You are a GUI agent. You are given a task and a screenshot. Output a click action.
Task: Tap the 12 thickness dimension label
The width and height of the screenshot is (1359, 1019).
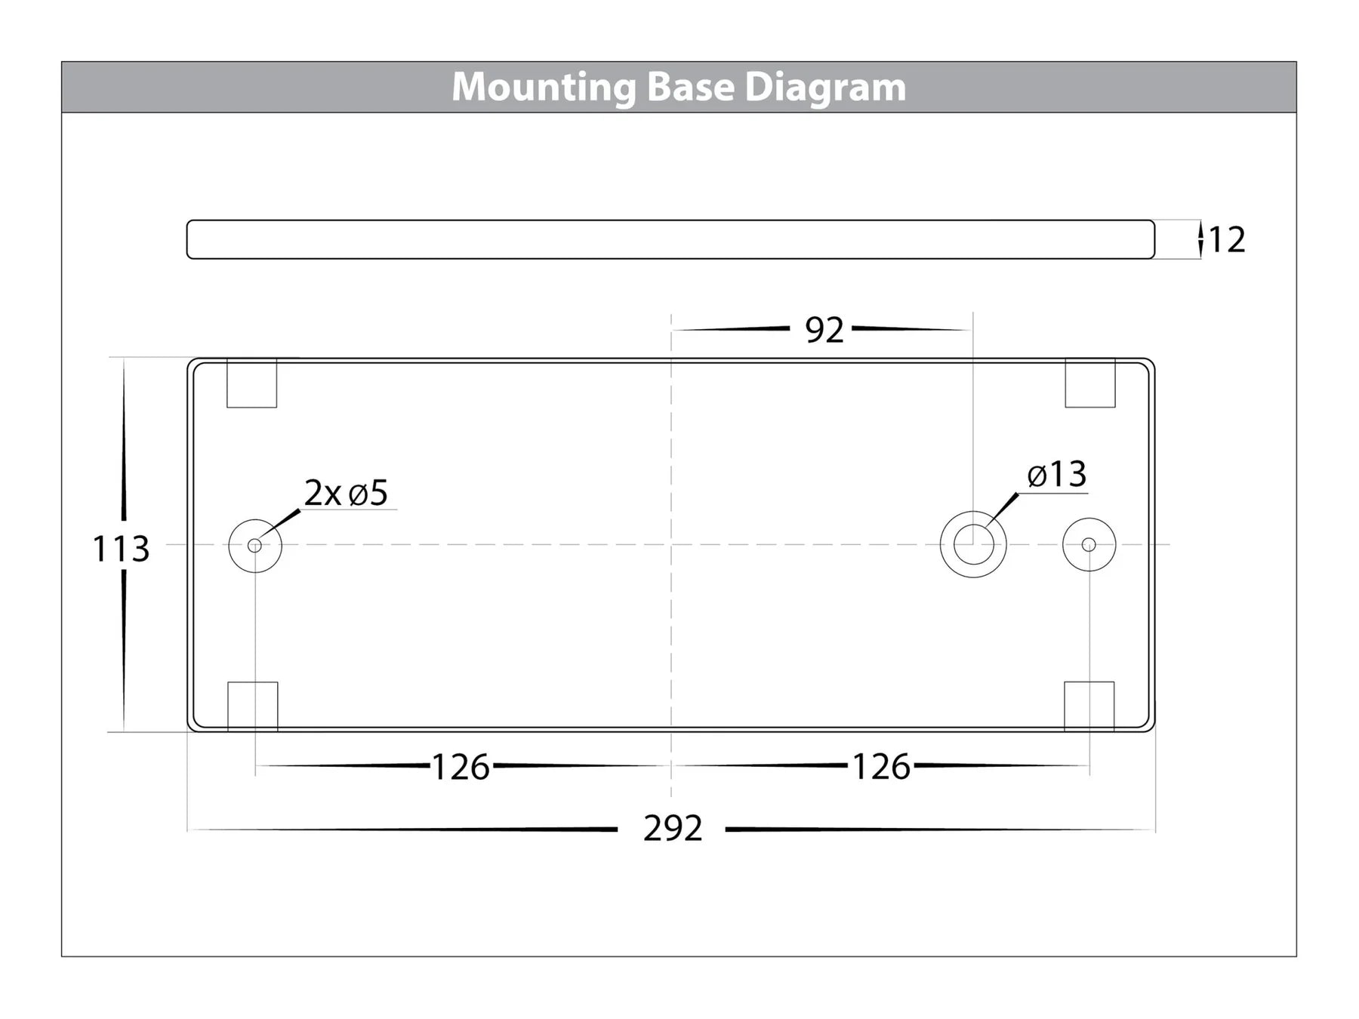(1227, 240)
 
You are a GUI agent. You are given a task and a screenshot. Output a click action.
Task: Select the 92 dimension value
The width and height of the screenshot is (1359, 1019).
(824, 331)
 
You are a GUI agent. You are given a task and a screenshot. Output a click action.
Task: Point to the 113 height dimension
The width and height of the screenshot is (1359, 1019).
(121, 549)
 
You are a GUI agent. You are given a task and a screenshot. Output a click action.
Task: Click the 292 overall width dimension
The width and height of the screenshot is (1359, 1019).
(673, 829)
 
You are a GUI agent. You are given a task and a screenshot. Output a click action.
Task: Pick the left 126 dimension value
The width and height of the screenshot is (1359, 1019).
(461, 768)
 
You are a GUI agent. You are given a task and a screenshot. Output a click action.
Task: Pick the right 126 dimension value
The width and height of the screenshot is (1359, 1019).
(881, 768)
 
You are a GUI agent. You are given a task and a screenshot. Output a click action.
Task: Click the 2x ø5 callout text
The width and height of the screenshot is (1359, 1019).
(346, 494)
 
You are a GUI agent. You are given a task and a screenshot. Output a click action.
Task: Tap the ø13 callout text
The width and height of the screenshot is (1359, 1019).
(1056, 475)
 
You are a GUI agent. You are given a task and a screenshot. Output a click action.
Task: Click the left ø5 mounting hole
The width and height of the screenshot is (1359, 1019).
(255, 545)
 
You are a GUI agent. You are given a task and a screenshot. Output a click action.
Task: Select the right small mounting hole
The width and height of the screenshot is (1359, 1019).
(1089, 544)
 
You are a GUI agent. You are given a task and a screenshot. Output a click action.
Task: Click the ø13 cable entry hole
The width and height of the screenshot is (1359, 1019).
(973, 544)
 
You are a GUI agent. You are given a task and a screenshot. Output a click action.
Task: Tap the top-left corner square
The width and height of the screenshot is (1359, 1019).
(251, 383)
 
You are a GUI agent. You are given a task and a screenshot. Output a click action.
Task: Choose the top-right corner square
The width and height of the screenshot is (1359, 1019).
(1090, 383)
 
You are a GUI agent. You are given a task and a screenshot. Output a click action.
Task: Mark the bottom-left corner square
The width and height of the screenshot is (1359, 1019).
(252, 706)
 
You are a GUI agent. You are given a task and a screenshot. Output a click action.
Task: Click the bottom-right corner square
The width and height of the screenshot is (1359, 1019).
(1089, 706)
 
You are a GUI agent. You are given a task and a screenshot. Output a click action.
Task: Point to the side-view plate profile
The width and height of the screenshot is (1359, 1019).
(670, 239)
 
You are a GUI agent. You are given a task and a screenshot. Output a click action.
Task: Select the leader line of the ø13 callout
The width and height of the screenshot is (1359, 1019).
(1001, 509)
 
